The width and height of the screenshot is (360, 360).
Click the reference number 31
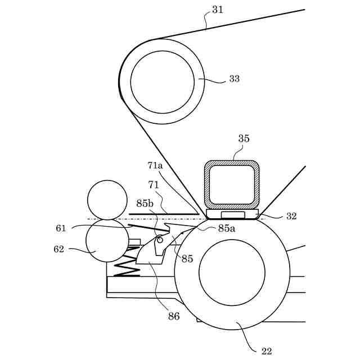point(218,10)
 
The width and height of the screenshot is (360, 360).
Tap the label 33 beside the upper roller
point(234,79)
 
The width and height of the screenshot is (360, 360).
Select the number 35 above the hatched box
point(244,139)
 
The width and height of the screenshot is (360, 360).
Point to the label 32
point(291,216)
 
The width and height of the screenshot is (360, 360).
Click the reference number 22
point(267,351)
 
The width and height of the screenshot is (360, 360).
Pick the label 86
point(174,317)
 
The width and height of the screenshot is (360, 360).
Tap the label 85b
point(145,203)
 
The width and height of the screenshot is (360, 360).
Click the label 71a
point(155,165)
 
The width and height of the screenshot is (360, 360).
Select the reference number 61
point(61,228)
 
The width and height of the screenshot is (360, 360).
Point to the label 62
point(59,249)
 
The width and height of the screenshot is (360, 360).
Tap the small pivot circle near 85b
point(160,240)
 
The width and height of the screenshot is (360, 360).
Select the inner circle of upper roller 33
point(163,82)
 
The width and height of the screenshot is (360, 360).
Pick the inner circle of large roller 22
point(232,272)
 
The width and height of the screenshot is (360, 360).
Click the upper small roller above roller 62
point(107,199)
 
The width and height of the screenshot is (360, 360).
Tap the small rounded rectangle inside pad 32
point(233,215)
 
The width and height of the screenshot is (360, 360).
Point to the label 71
point(154,184)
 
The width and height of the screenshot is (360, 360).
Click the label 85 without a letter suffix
point(187,259)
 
